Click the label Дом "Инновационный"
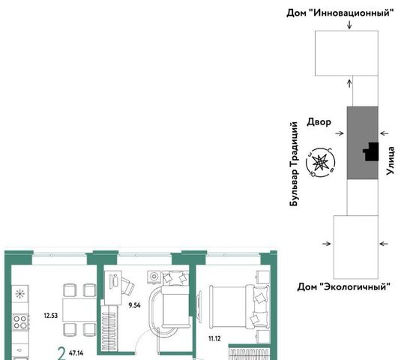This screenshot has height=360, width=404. pyautogui.click(x=340, y=13)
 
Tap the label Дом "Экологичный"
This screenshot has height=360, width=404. pyautogui.click(x=344, y=286)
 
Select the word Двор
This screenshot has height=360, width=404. pyautogui.click(x=319, y=121)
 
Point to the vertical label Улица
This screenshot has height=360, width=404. pyautogui.click(x=391, y=161)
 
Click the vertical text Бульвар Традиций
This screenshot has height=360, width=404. pyautogui.click(x=294, y=164)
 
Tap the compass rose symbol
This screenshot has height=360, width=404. pyautogui.click(x=320, y=163)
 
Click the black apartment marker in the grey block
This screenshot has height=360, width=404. pyautogui.click(x=371, y=151)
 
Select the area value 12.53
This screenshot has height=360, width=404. pyautogui.click(x=51, y=316)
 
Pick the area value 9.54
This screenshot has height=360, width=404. pyautogui.click(x=134, y=305)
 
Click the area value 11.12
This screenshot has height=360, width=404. pyautogui.click(x=214, y=338)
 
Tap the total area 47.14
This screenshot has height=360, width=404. pyautogui.click(x=76, y=352)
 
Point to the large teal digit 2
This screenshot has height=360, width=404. pyautogui.click(x=61, y=353)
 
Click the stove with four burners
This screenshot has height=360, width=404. pyautogui.click(x=21, y=322)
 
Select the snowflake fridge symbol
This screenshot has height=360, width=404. pyautogui.click(x=20, y=294)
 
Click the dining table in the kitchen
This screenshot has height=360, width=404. pyautogui.click(x=79, y=310)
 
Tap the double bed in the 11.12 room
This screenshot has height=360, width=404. pyautogui.click(x=239, y=307)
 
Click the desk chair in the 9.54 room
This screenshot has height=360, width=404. pyautogui.click(x=127, y=286)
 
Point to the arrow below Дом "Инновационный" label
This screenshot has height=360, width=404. pyautogui.click(x=349, y=25)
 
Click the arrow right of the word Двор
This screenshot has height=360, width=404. pyautogui.click(x=340, y=133)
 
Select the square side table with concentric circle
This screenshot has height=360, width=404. pyautogui.click(x=154, y=277)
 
